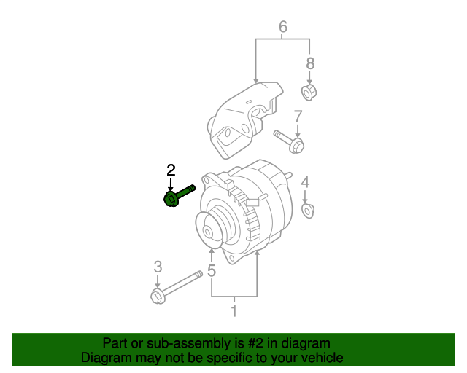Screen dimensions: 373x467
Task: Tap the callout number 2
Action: tap(171, 170)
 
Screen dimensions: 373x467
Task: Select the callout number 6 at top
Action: tap(282, 28)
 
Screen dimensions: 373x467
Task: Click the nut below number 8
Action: tap(309, 93)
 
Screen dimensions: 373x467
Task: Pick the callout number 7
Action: tap(297, 117)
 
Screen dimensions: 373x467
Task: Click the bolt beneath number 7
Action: tap(290, 141)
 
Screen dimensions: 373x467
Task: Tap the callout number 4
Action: tap(306, 182)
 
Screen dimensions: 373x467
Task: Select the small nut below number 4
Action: tap(307, 211)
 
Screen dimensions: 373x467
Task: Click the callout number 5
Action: tap(212, 272)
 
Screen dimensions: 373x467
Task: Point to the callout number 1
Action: tap(234, 312)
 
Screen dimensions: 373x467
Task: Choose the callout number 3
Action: tap(157, 267)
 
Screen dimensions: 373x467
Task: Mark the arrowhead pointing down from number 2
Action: tap(171, 186)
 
